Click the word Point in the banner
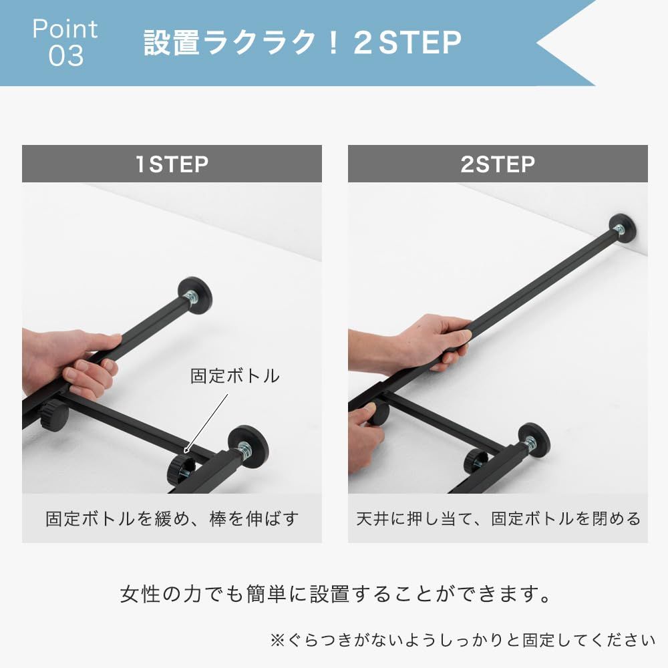[65, 28]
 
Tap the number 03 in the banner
[65, 56]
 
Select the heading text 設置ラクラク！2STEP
[302, 43]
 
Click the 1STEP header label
[172, 164]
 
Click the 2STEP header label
[498, 164]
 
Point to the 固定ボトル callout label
[234, 375]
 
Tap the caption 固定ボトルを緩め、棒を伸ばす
[172, 518]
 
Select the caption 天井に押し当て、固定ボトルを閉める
[498, 518]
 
